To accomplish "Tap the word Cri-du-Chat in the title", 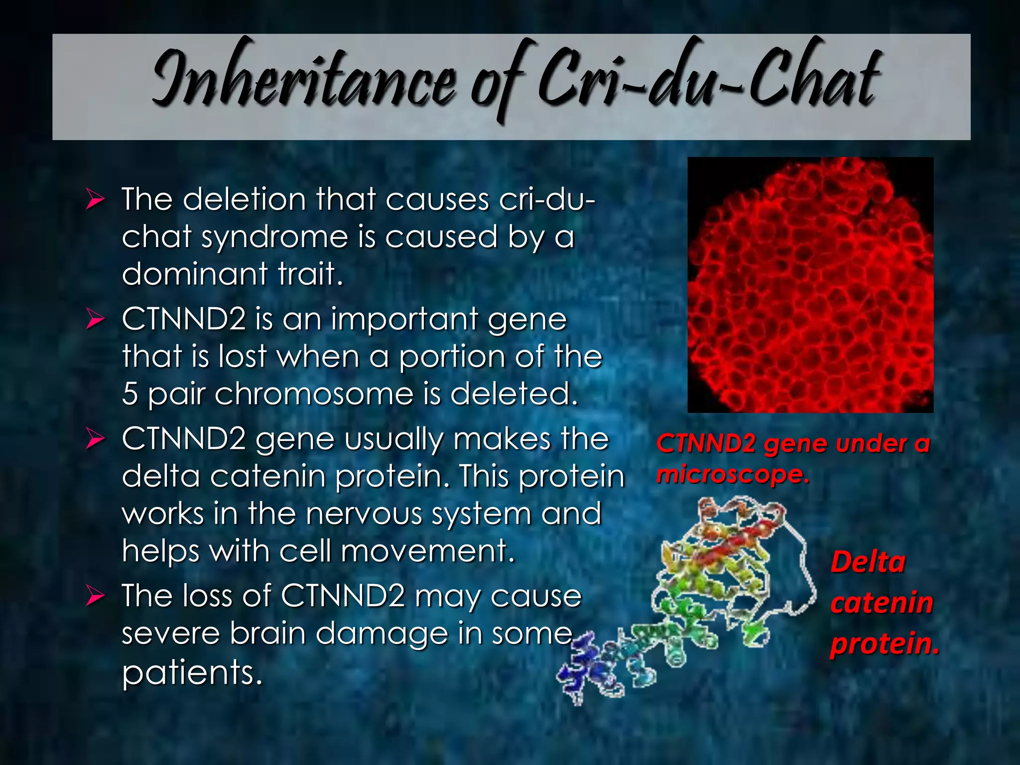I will tap(707, 80).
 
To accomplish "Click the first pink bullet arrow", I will tap(95, 199).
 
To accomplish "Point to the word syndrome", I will tap(274, 237).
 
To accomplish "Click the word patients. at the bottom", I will tap(192, 672).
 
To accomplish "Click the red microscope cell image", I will tap(810, 285).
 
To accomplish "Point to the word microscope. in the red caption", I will tap(732, 474).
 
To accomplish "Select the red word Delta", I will tap(868, 562).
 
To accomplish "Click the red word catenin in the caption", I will tap(882, 603).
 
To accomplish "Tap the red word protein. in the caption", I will tap(885, 643).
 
